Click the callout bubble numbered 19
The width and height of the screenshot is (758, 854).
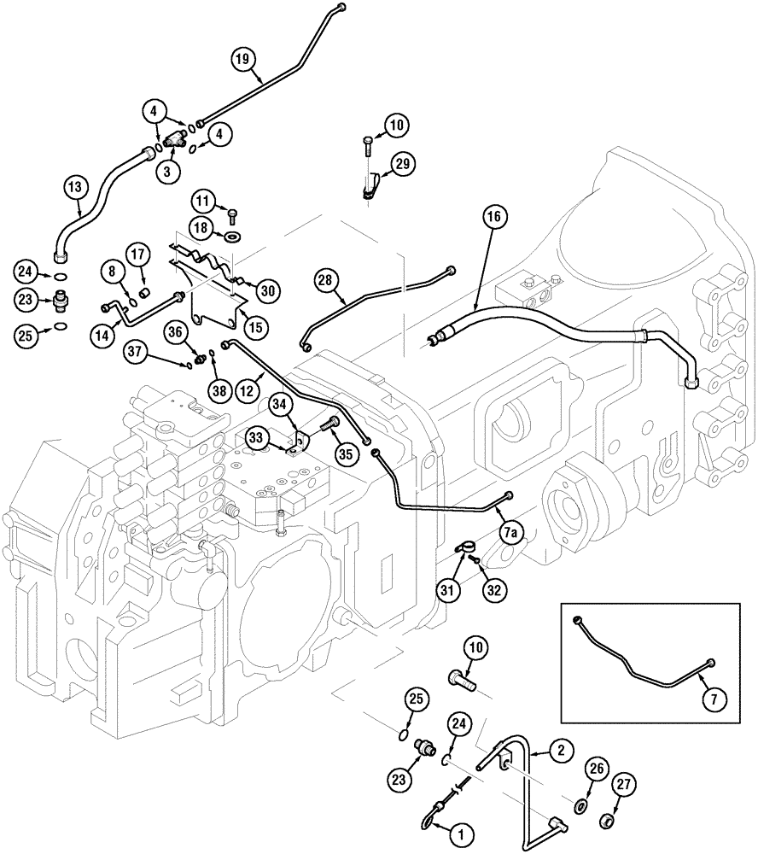tap(244, 59)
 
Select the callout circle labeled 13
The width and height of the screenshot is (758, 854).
tap(75, 186)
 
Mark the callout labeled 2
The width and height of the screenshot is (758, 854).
tap(560, 750)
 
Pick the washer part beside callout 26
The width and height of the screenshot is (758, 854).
tap(580, 806)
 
